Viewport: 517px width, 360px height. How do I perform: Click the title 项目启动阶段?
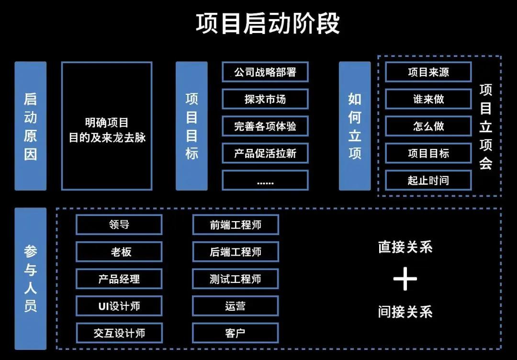(x=268, y=23)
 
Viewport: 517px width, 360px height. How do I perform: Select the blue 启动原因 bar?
(x=31, y=126)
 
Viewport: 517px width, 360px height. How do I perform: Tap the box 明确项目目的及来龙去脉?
(x=107, y=126)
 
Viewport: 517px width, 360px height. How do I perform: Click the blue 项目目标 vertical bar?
(x=191, y=126)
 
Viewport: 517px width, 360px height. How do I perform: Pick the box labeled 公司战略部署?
(x=265, y=72)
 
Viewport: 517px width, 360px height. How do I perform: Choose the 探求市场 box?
(x=265, y=99)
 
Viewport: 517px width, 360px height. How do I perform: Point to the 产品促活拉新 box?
(x=265, y=153)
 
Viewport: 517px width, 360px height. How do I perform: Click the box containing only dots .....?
(x=265, y=180)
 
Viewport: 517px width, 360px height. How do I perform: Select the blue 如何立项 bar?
(x=355, y=126)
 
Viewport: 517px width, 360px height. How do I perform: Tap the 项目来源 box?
(x=428, y=72)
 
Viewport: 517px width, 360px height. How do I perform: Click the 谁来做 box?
(x=428, y=99)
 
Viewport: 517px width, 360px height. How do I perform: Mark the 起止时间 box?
(x=428, y=180)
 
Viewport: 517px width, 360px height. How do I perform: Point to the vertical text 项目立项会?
(x=486, y=126)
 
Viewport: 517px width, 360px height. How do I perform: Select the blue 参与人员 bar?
(x=31, y=279)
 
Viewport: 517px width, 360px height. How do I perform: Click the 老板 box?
(x=119, y=252)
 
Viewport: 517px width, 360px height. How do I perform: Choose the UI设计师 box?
(x=119, y=306)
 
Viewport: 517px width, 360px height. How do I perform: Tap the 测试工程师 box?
(x=236, y=279)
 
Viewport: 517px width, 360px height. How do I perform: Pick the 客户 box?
(x=236, y=333)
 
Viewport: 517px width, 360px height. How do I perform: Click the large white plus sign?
(x=405, y=279)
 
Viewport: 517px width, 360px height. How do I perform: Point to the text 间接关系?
(x=405, y=312)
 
